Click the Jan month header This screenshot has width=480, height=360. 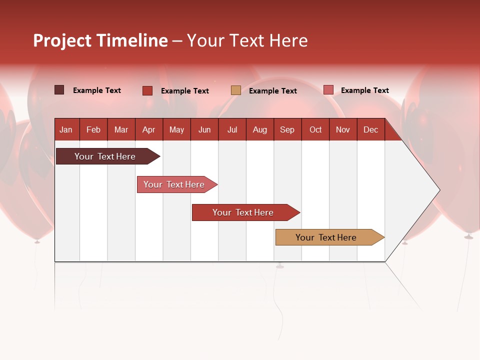tap(66, 129)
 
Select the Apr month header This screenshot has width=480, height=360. tap(149, 129)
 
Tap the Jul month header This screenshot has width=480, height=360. tap(232, 129)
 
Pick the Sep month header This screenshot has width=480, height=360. tap(287, 129)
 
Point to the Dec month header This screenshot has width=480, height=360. tap(371, 129)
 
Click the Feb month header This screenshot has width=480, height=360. tap(93, 129)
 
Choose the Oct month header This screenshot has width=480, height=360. tap(315, 129)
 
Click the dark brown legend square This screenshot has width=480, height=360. tap(59, 90)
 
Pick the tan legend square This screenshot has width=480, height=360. tap(236, 90)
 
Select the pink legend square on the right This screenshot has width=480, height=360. tap(328, 90)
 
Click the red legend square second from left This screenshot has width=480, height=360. tap(147, 90)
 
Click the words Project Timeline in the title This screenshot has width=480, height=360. tap(100, 40)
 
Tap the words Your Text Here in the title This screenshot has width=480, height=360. tap(247, 40)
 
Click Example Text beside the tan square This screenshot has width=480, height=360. tap(273, 91)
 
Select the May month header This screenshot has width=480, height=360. tap(176, 129)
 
